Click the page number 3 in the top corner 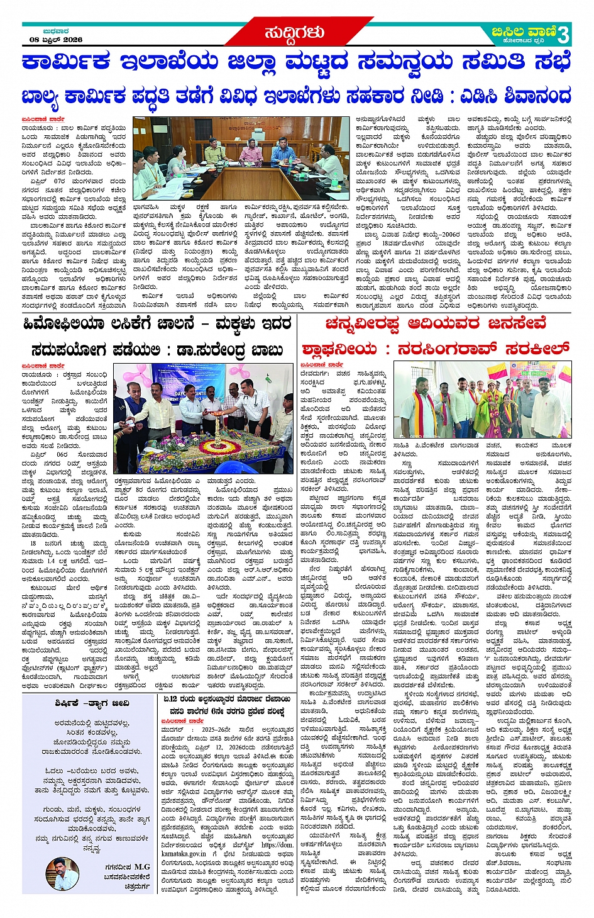(563, 33)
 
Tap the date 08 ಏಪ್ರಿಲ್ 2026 (56, 40)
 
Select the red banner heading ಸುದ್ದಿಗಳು (294, 33)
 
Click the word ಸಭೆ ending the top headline (553, 63)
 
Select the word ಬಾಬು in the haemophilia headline (268, 350)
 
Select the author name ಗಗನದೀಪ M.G (128, 867)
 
